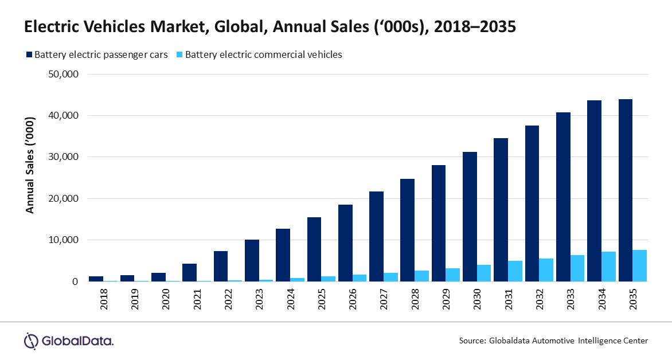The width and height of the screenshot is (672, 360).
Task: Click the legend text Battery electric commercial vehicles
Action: tap(263, 55)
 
